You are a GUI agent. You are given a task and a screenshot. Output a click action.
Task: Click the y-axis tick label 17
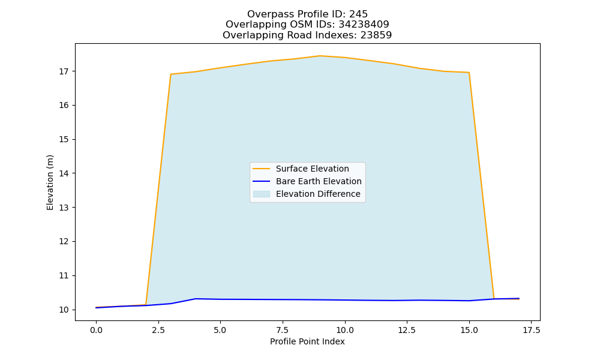[64, 71]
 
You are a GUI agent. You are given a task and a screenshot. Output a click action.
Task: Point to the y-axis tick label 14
[64, 173]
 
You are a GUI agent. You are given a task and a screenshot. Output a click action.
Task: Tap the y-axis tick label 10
[64, 310]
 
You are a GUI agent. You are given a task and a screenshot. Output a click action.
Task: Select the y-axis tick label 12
[64, 242]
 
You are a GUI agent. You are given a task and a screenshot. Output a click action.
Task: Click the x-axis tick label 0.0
[96, 330]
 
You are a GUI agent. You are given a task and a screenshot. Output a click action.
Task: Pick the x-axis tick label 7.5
[283, 330]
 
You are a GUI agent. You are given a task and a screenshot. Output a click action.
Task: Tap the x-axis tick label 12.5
[407, 330]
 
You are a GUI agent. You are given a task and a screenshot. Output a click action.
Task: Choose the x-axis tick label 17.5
[531, 330]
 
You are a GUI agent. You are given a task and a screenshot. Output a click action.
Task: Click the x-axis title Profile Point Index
[307, 341]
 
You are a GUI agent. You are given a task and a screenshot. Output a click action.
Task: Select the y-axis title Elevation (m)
[50, 182]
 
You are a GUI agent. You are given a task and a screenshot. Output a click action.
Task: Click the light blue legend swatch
[262, 194]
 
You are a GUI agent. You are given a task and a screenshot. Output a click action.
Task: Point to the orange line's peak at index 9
[320, 56]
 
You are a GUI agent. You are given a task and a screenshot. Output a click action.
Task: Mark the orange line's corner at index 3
[170, 74]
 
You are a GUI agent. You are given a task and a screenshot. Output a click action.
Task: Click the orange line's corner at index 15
[469, 73]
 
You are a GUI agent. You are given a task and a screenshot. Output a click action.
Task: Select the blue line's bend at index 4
[196, 299]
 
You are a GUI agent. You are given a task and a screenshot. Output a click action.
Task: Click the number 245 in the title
[359, 14]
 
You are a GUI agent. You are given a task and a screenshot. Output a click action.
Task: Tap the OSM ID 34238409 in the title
[364, 25]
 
